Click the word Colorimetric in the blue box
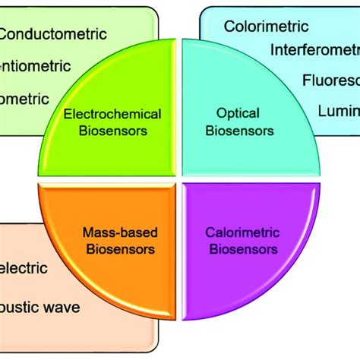(266, 26)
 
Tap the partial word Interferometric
(314, 50)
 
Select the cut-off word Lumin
(338, 111)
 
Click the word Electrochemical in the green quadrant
(112, 114)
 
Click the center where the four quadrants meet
(179, 180)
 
